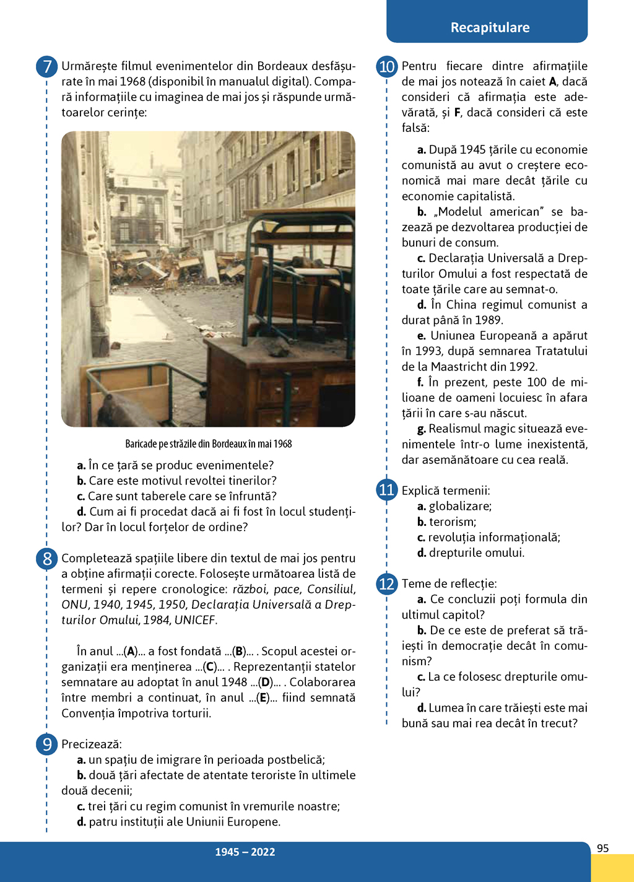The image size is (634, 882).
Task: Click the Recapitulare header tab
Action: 490,27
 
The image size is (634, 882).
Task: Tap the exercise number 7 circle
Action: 47,66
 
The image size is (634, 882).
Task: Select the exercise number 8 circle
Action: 47,559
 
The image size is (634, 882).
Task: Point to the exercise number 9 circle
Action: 47,744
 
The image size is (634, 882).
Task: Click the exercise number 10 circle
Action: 387,66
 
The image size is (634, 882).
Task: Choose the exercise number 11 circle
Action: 387,490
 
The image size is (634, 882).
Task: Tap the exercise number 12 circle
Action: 387,583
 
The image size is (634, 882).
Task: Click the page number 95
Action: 603,849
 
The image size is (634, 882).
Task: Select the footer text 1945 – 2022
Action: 245,852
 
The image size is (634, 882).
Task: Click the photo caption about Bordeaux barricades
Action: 209,444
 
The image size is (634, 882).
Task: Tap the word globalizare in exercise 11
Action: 460,506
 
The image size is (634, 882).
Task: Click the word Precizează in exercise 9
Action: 92,744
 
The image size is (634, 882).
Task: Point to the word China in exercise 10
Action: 461,305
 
